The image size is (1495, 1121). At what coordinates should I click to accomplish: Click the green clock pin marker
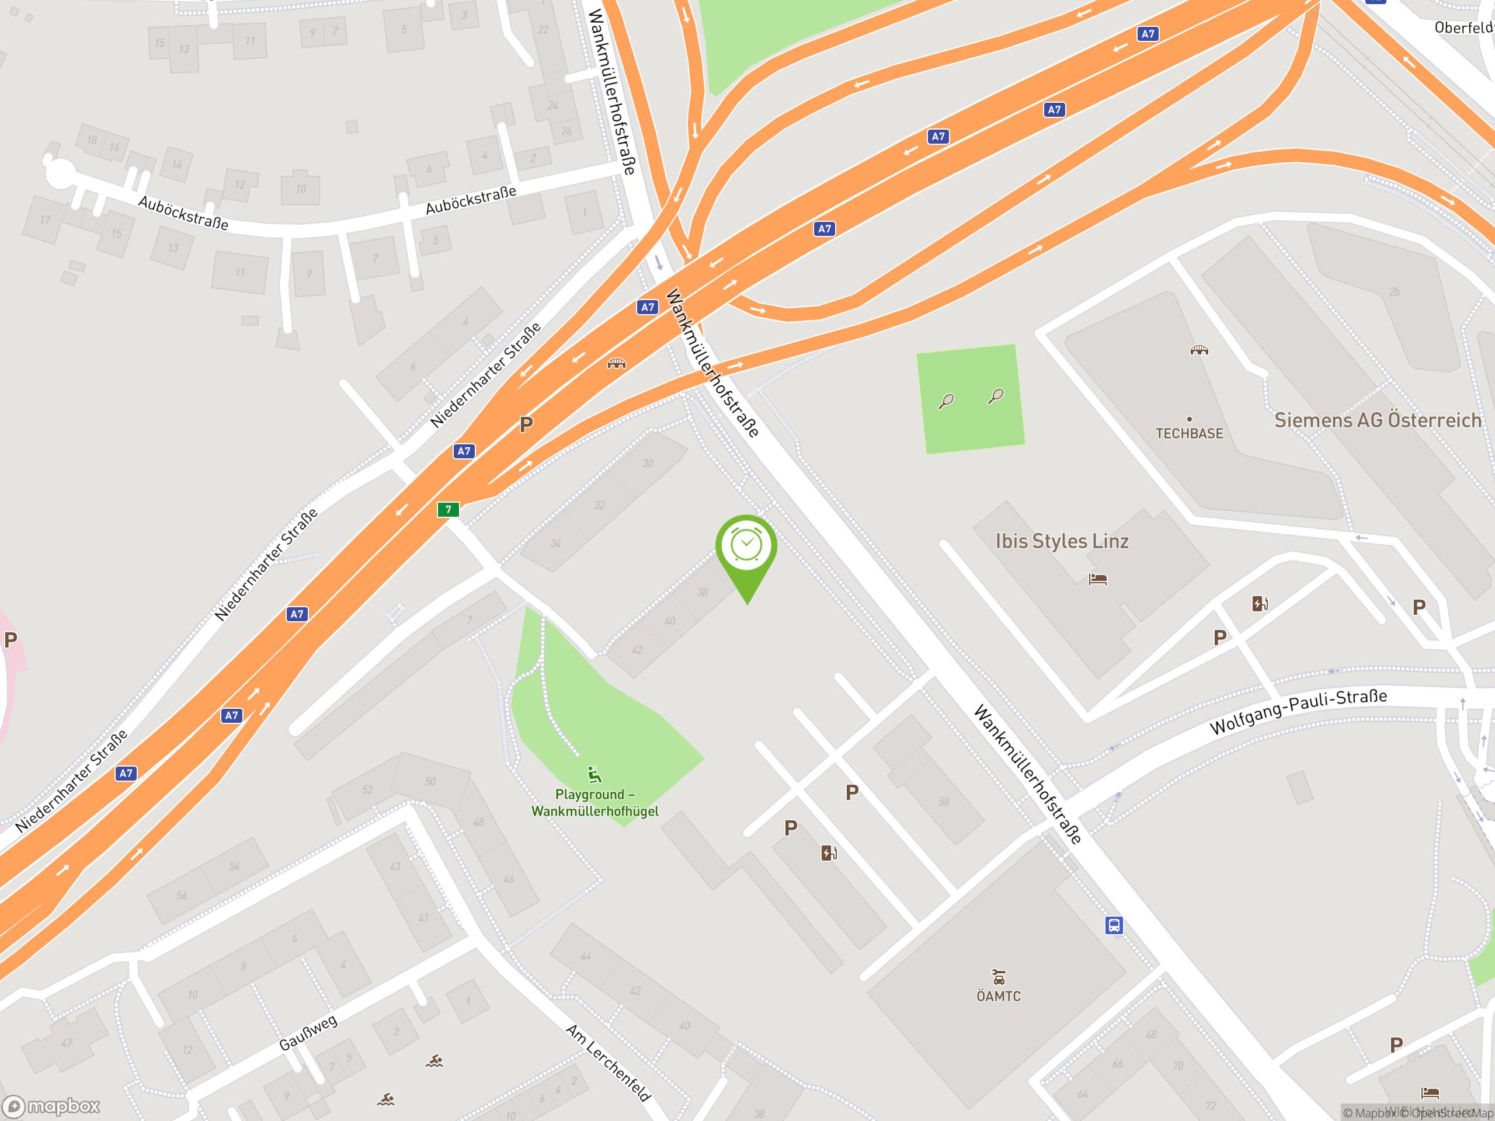pos(746,546)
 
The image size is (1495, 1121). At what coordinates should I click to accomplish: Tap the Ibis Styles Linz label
pos(1062,541)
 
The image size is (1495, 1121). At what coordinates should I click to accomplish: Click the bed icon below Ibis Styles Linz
pos(1097,580)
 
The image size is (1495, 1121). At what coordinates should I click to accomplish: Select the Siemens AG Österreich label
pos(1378,420)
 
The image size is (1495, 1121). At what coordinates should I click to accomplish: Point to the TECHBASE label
pos(1189,434)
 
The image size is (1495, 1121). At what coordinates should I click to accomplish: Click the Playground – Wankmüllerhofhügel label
pos(594,803)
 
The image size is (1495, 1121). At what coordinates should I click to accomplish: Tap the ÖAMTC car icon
pos(998,977)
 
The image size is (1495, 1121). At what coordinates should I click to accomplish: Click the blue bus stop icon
pos(1114,925)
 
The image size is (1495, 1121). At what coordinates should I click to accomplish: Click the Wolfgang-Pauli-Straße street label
pos(1298,712)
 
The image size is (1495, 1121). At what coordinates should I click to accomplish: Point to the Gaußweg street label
pos(308,1032)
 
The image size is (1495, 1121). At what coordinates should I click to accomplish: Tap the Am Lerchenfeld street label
pos(609,1062)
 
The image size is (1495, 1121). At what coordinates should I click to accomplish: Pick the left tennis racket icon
pos(946,401)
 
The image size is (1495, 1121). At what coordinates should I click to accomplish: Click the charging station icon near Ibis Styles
pos(1260,603)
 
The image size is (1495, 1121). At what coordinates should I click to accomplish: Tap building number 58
pos(944,802)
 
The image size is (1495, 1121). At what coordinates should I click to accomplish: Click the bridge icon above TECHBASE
pos(1199,350)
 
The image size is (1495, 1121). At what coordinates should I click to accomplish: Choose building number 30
pos(648,464)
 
